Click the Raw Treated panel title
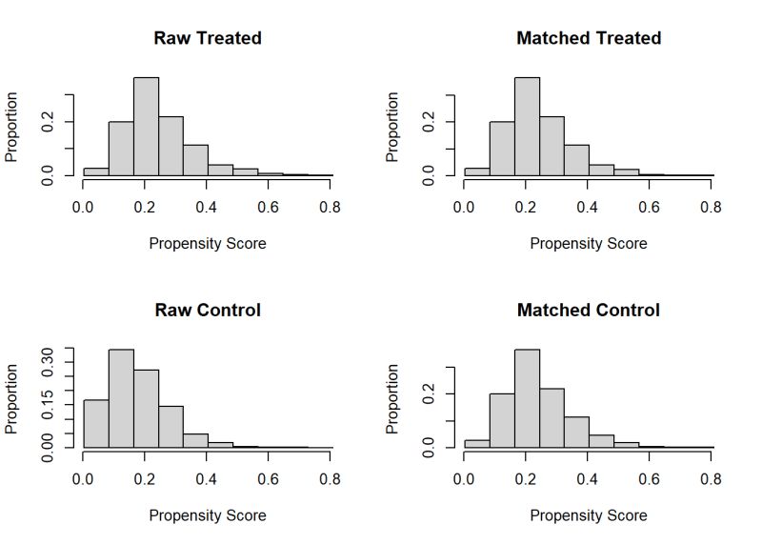208,38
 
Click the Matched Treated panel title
589,38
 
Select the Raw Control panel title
208,311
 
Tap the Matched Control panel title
589,311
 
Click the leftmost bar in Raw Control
96,423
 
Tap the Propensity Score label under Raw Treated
208,244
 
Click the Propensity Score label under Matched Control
589,515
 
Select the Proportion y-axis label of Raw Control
12,398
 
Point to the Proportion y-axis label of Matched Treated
392,127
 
